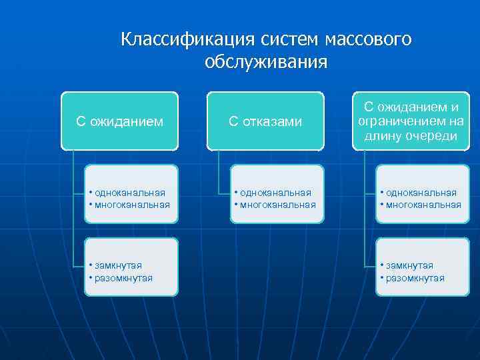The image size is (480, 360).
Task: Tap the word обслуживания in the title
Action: [x=266, y=62]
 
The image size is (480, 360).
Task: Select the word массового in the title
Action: [x=368, y=39]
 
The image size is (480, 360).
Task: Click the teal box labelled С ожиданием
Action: [x=119, y=121]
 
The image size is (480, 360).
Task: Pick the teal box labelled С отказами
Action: [x=265, y=121]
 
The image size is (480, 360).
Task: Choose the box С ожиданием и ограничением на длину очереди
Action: [x=411, y=121]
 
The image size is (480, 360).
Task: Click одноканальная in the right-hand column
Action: [x=421, y=193]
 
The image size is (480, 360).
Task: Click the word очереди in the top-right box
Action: [x=434, y=136]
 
